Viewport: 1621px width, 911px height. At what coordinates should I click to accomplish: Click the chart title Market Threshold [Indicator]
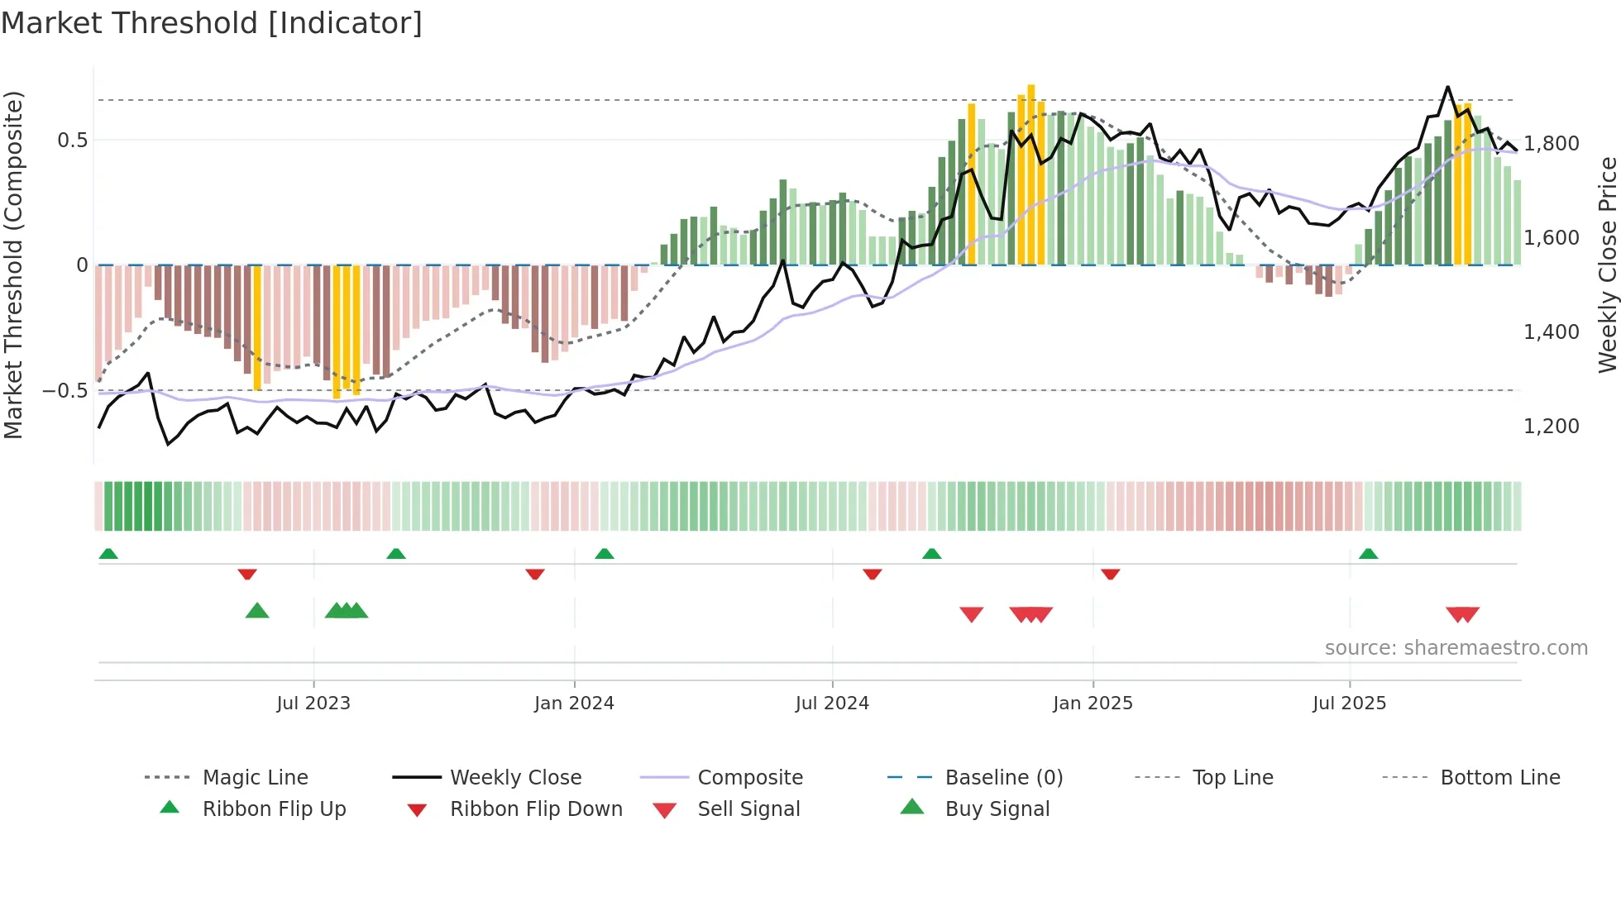[x=212, y=23]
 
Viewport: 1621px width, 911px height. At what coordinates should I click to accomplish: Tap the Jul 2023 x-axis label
[x=313, y=704]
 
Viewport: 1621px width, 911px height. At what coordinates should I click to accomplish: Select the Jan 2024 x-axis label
[x=574, y=704]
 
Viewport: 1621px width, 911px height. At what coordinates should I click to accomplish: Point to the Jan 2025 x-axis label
[x=1093, y=704]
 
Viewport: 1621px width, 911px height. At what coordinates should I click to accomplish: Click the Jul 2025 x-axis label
[x=1349, y=704]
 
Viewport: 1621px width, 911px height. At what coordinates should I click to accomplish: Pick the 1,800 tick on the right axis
[x=1552, y=144]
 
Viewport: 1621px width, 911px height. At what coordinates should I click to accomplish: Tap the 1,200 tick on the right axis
[x=1552, y=427]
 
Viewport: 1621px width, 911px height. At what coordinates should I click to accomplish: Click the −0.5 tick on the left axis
[x=65, y=390]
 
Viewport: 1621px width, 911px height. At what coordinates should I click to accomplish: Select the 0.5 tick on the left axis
[x=72, y=141]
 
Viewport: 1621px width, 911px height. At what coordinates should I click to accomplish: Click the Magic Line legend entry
[x=255, y=778]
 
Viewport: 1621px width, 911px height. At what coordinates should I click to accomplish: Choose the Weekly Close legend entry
[x=515, y=778]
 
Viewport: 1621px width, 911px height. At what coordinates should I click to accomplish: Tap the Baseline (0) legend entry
[x=1003, y=778]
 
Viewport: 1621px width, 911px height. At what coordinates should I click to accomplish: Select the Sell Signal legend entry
[x=748, y=809]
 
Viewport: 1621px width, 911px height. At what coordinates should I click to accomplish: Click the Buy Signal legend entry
[x=997, y=809]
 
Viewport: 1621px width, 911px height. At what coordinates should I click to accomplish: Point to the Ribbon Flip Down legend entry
[x=536, y=809]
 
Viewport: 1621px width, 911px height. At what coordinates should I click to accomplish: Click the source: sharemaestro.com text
[x=1456, y=648]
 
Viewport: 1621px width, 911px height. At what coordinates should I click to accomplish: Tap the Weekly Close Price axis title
[x=1607, y=265]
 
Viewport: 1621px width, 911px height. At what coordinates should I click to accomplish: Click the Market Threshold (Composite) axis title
[x=13, y=265]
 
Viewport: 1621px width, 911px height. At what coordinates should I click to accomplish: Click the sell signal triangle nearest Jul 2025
[x=1456, y=614]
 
